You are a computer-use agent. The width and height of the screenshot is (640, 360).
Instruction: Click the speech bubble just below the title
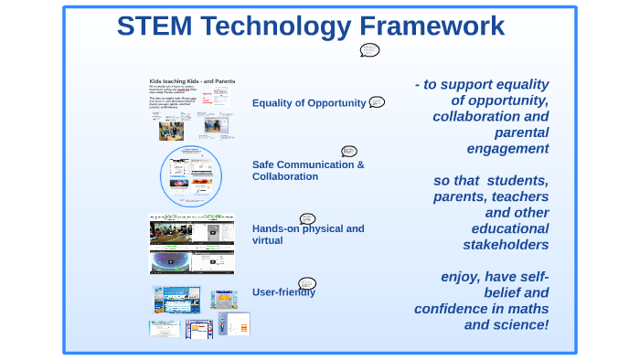(x=369, y=49)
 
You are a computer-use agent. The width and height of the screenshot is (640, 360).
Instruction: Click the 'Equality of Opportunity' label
(x=309, y=103)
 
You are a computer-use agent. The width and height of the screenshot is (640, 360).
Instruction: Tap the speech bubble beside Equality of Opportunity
(x=377, y=102)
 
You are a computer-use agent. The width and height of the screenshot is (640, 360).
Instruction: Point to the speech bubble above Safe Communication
(x=348, y=151)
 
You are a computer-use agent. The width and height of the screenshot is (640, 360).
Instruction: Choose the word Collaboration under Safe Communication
(x=285, y=176)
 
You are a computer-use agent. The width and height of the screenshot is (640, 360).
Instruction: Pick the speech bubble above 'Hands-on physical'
(x=307, y=218)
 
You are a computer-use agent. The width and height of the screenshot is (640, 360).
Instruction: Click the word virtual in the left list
(x=267, y=240)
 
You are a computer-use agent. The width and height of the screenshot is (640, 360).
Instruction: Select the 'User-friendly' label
(x=283, y=292)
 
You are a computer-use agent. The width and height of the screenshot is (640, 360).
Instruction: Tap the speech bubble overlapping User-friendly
(x=307, y=284)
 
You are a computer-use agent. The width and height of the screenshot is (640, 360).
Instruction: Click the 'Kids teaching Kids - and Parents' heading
(x=192, y=81)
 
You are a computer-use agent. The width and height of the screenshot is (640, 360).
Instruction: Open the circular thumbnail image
(x=191, y=177)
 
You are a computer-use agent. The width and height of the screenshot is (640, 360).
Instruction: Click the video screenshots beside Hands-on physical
(x=192, y=244)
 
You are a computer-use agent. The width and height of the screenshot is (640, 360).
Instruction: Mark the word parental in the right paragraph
(x=521, y=132)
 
